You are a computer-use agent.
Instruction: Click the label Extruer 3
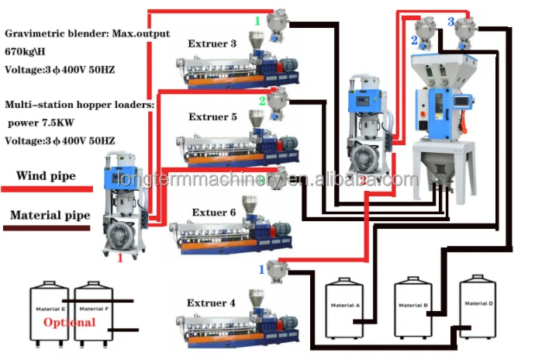tap(212, 44)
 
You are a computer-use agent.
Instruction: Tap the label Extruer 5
tap(212, 117)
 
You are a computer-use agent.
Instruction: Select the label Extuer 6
tap(213, 212)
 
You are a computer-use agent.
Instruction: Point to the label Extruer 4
tap(211, 303)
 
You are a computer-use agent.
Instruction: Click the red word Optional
tap(70, 322)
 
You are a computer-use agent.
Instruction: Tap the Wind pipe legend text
tap(46, 176)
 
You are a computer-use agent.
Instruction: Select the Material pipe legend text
tap(50, 216)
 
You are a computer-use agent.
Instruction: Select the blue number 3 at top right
tap(450, 21)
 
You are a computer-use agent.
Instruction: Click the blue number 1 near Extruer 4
tap(261, 269)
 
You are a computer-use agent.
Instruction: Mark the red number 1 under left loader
tap(120, 258)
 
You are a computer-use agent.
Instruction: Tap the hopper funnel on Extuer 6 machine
tap(250, 206)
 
